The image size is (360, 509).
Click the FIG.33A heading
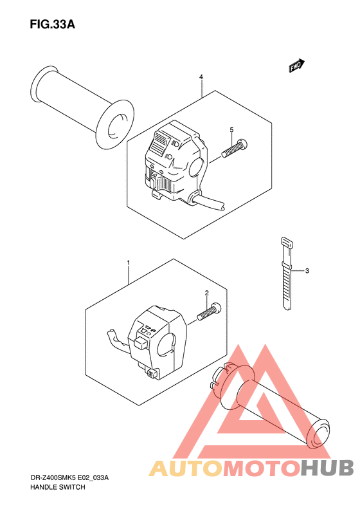coord(52,24)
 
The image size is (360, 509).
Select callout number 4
coord(201,77)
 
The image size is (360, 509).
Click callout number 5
coord(231,130)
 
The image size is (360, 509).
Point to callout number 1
coord(129,263)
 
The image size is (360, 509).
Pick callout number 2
coord(207,293)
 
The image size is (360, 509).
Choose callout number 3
coord(307,270)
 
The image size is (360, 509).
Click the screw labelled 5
coord(235,148)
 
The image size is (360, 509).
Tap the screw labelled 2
coord(208,311)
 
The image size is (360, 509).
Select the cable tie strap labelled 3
coord(287,273)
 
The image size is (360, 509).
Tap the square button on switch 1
coord(140,342)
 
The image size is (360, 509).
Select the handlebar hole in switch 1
coord(166,345)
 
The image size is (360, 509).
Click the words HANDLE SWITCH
coord(58,487)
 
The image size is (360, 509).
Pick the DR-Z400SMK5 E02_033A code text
coord(69,477)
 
